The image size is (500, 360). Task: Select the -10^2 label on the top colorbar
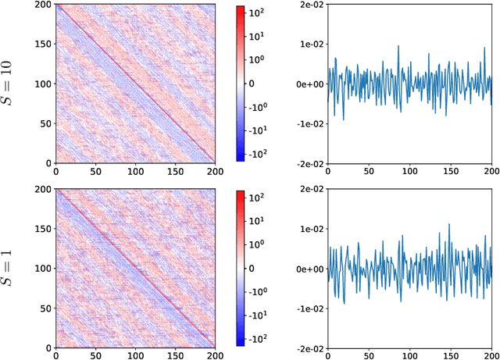(258, 154)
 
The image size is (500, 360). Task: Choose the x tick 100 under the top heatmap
(136, 169)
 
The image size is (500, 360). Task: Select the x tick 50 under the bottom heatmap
(95, 355)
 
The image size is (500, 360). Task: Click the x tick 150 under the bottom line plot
(451, 355)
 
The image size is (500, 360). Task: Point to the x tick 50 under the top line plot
(369, 169)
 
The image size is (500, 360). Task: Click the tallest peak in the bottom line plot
(448, 225)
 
